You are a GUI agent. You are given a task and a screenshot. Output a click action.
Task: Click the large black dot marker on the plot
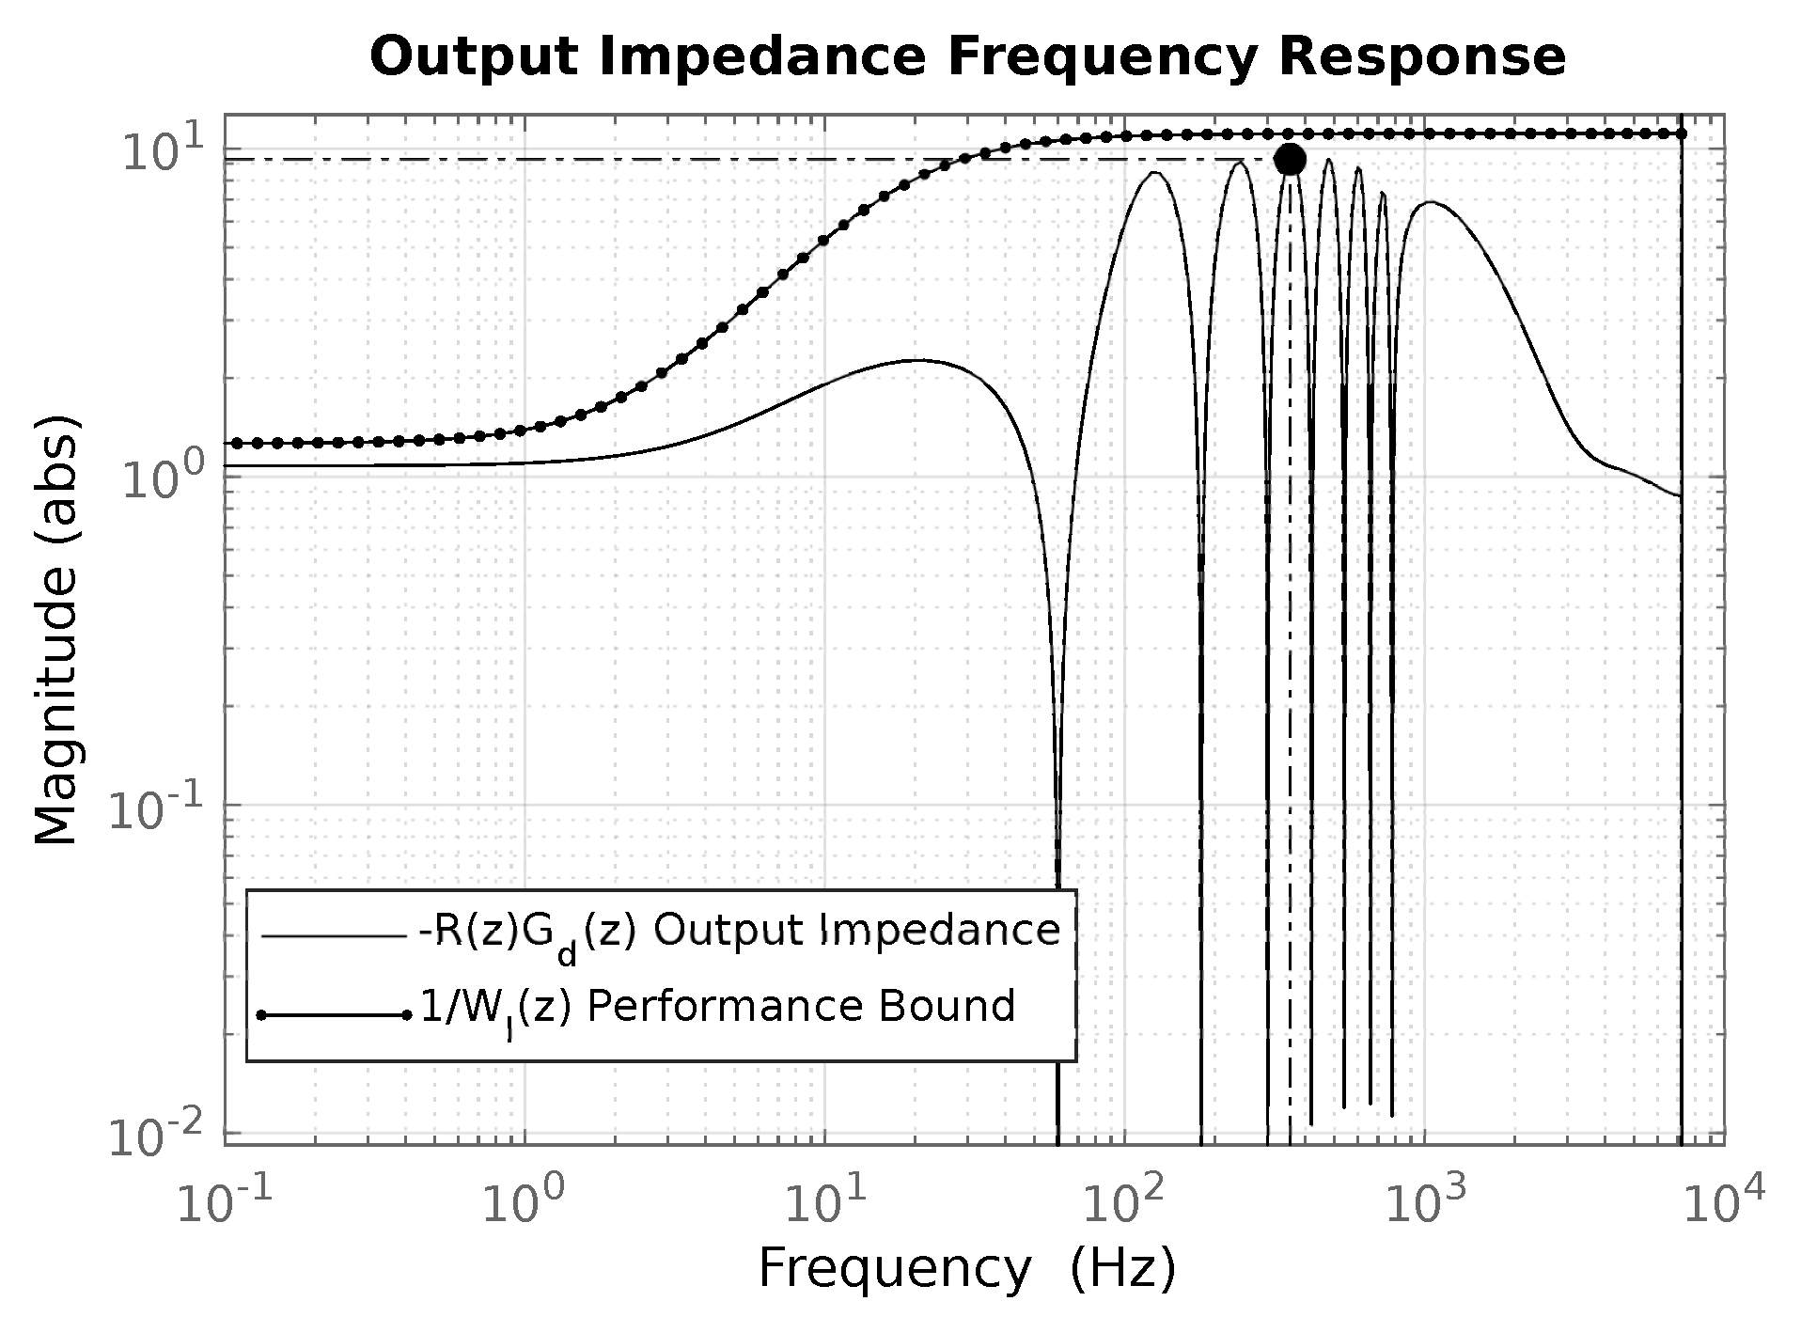1290,160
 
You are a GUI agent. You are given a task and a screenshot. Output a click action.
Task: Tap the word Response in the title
1421,57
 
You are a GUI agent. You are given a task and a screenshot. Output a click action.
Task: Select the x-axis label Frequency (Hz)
966,1269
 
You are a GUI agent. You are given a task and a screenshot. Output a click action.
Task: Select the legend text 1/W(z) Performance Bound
716,1007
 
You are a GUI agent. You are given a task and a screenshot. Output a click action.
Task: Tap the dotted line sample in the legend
334,1015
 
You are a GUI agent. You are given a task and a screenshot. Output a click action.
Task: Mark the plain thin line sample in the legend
334,936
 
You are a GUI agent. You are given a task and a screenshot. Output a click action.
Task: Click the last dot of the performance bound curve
1682,134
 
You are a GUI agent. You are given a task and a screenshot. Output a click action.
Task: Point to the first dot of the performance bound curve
236,443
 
